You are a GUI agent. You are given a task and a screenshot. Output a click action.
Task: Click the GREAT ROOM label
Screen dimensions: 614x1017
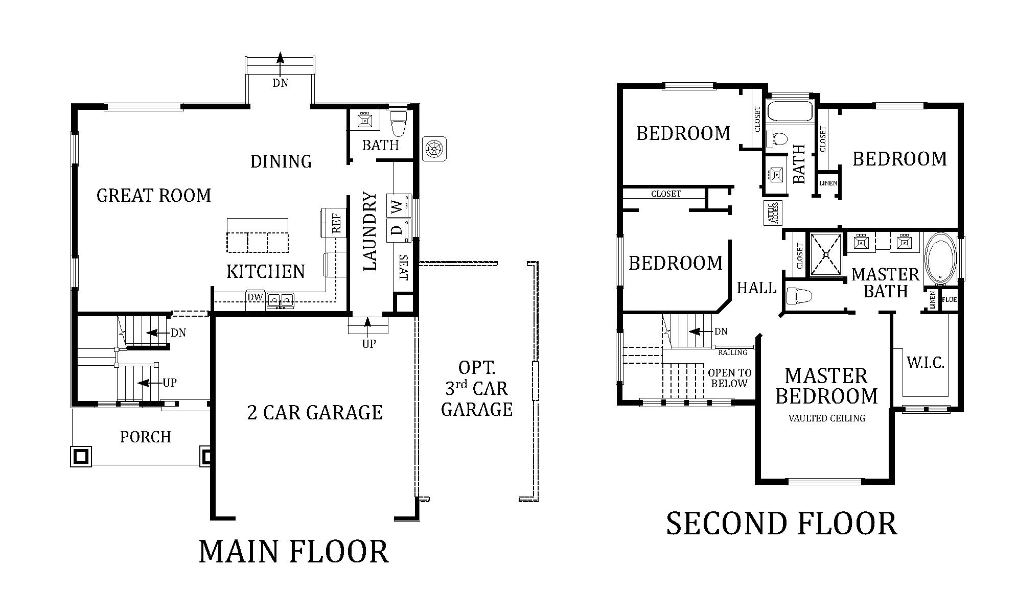153,196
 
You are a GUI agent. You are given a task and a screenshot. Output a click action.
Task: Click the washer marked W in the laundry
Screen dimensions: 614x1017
397,206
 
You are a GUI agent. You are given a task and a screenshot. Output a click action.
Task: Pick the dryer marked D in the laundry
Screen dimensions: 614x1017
397,230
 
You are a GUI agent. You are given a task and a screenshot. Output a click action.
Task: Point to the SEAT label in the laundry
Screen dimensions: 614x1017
403,268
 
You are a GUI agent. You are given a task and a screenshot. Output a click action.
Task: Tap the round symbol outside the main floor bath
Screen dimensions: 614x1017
434,149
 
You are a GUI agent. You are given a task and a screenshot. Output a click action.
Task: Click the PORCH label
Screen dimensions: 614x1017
145,437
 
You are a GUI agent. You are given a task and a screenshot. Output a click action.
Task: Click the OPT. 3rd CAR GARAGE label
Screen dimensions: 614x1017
476,389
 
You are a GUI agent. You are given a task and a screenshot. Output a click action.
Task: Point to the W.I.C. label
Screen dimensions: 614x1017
925,363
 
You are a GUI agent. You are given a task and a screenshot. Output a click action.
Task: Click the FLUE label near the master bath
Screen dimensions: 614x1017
949,300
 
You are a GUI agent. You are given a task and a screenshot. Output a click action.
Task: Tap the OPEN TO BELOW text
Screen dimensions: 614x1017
729,379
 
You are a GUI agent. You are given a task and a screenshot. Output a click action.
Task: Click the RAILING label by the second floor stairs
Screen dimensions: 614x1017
732,352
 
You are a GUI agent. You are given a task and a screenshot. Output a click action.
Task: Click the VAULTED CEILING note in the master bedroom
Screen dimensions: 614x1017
826,418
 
